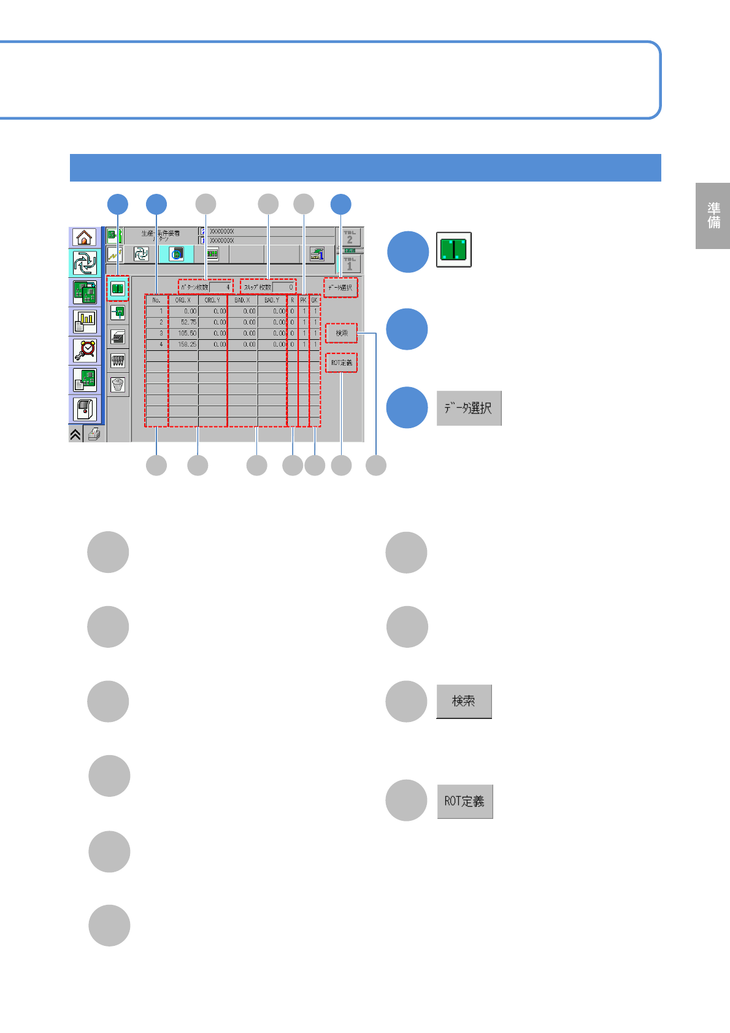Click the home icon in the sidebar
tap(85, 237)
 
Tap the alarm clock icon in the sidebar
tap(85, 350)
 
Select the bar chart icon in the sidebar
tap(85, 321)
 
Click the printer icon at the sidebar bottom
tap(94, 434)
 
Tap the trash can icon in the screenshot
tap(118, 385)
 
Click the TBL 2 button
tap(350, 237)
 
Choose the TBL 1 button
tap(350, 264)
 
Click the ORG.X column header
tap(183, 301)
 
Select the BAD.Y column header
tap(272, 301)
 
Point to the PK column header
tap(304, 301)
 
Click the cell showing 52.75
tap(183, 322)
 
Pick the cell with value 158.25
tap(183, 344)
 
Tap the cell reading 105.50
tap(183, 333)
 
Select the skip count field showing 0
tap(284, 287)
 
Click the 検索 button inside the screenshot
tap(342, 333)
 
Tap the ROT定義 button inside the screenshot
tap(342, 363)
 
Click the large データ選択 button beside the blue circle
tap(469, 409)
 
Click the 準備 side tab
tap(713, 216)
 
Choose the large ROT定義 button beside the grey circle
tap(464, 801)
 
